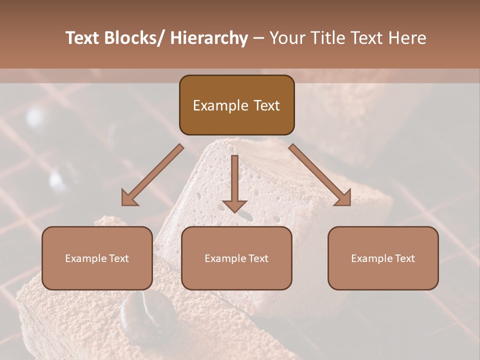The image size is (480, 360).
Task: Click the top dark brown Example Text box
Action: tap(236, 105)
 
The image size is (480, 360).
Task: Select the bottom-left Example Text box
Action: tap(97, 258)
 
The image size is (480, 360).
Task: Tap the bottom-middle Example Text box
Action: tap(236, 258)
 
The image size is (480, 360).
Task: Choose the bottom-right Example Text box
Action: tap(383, 258)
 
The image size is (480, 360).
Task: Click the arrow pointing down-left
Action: tap(152, 175)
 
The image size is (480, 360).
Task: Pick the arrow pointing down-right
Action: tap(320, 175)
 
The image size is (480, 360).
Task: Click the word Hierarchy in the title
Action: tap(209, 38)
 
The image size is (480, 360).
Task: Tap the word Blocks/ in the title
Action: tap(134, 38)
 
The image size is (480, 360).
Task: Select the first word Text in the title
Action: tap(82, 38)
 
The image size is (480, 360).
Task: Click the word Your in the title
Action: tap(286, 38)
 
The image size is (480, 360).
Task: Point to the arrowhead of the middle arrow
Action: tap(234, 205)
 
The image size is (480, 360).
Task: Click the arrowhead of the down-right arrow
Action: tap(342, 197)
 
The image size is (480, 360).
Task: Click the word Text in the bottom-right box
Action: tap(404, 258)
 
